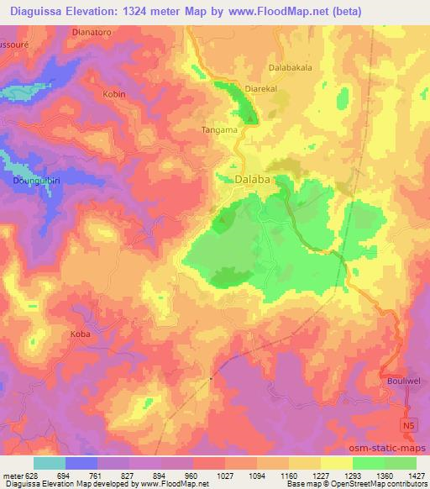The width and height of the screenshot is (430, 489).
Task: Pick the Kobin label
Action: pos(113,94)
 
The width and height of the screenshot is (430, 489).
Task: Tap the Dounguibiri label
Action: pos(35,180)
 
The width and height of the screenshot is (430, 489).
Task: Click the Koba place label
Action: pos(81,334)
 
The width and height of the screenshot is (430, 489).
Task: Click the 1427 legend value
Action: pos(417,475)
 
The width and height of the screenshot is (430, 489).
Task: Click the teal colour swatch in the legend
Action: pos(50,462)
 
